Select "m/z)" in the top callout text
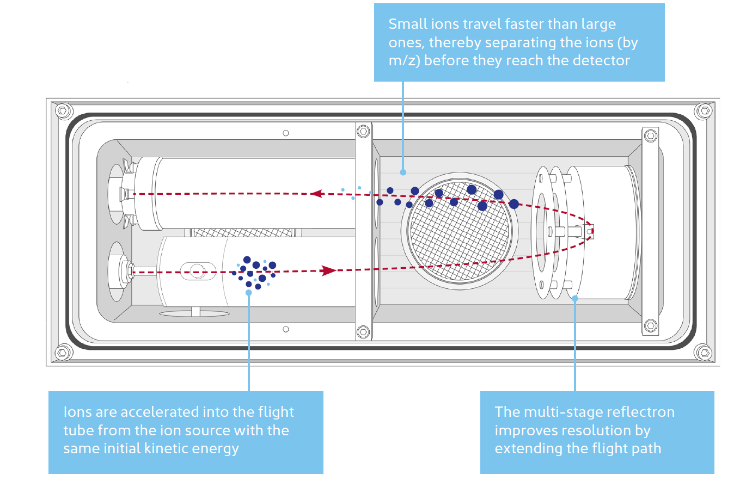pos(403,60)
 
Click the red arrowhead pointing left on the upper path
pos(316,193)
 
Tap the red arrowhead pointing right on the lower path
pos(329,270)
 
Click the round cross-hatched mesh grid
pos(460,229)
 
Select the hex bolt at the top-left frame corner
pos(63,111)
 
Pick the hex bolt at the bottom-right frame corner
pos(704,352)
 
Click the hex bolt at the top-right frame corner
pos(704,111)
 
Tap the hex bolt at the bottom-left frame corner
pos(63,353)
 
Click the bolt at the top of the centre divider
pos(363,131)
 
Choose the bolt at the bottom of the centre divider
pos(363,331)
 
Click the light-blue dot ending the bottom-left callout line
pos(249,293)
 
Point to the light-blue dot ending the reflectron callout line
pos(575,298)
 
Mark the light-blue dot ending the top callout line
pos(403,172)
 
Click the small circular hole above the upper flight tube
pos(286,133)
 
